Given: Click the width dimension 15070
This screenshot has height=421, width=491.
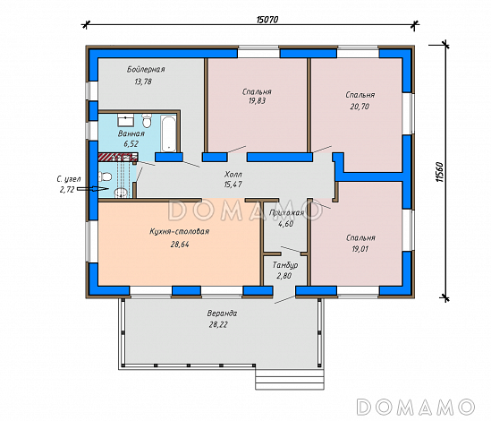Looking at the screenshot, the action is click(x=267, y=20).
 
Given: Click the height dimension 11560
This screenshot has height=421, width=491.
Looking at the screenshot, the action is click(x=439, y=172).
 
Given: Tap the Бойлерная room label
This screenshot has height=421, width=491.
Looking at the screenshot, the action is click(x=146, y=69).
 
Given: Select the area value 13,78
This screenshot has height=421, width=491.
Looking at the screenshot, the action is click(x=143, y=82).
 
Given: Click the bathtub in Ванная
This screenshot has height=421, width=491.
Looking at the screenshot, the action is click(x=168, y=133).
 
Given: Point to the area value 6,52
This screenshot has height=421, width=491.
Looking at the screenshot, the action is click(x=131, y=144).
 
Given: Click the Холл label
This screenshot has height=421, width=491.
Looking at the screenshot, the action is click(x=233, y=175).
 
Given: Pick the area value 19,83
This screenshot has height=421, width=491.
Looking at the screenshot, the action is click(x=257, y=101).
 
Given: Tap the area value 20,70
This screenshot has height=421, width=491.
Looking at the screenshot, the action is click(x=360, y=107).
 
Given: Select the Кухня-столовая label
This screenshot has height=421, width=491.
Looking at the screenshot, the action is click(x=180, y=231).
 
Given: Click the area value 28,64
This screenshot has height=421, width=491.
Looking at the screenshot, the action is click(x=180, y=245).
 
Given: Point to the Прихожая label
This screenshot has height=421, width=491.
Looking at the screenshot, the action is click(x=286, y=213).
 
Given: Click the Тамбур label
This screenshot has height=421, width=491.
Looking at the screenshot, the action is click(x=285, y=265).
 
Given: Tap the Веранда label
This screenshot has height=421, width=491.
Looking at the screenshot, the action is click(x=222, y=314).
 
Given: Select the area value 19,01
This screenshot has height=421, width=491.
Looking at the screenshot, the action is click(x=360, y=249).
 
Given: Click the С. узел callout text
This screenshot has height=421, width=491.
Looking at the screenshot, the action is click(x=69, y=185).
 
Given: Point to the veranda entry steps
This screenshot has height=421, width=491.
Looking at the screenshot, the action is click(x=290, y=379).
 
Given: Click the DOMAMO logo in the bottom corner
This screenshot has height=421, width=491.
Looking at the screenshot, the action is click(x=416, y=407).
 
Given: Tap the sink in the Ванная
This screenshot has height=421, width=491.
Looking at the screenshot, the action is click(x=126, y=120).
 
